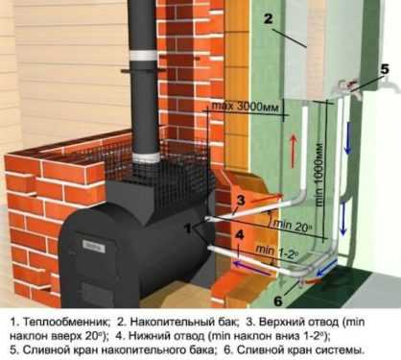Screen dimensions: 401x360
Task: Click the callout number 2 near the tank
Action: (269, 18)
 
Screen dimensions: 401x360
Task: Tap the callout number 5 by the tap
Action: (384, 69)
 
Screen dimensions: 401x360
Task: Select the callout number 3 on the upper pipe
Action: (241, 201)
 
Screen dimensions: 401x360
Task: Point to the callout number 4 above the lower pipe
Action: (240, 235)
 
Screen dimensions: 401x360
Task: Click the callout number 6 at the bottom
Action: (278, 301)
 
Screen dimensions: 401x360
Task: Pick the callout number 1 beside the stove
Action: (188, 228)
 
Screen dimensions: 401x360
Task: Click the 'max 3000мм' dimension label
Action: (246, 107)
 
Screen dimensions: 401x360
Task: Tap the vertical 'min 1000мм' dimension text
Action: (318, 176)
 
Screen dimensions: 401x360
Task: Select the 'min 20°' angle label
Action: (292, 226)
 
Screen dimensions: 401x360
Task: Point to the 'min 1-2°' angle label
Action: (277, 251)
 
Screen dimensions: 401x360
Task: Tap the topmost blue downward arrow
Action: (348, 138)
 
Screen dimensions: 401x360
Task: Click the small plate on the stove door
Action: (94, 246)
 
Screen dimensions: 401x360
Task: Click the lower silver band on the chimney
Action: (146, 158)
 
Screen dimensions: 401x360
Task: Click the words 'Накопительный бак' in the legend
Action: (184, 322)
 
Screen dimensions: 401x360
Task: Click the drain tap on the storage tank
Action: (346, 85)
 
